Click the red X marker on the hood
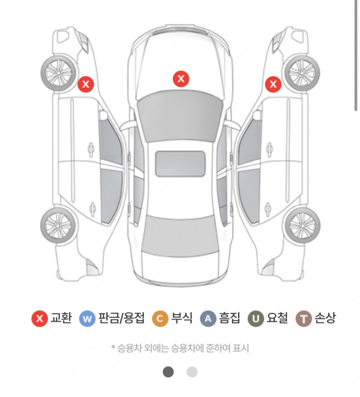181,79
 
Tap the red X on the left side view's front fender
86,84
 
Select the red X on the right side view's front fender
273,84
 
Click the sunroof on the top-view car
180,164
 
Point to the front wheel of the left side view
59,73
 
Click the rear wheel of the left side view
58,225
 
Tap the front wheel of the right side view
302,73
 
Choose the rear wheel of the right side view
302,225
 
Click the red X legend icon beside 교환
40,318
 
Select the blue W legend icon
87,318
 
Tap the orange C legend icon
160,318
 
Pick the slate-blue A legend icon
208,318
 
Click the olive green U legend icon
256,318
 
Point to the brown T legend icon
304,318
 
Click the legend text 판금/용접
121,318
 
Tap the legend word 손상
325,318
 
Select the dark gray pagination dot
168,372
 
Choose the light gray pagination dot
192,372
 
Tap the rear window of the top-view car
180,235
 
